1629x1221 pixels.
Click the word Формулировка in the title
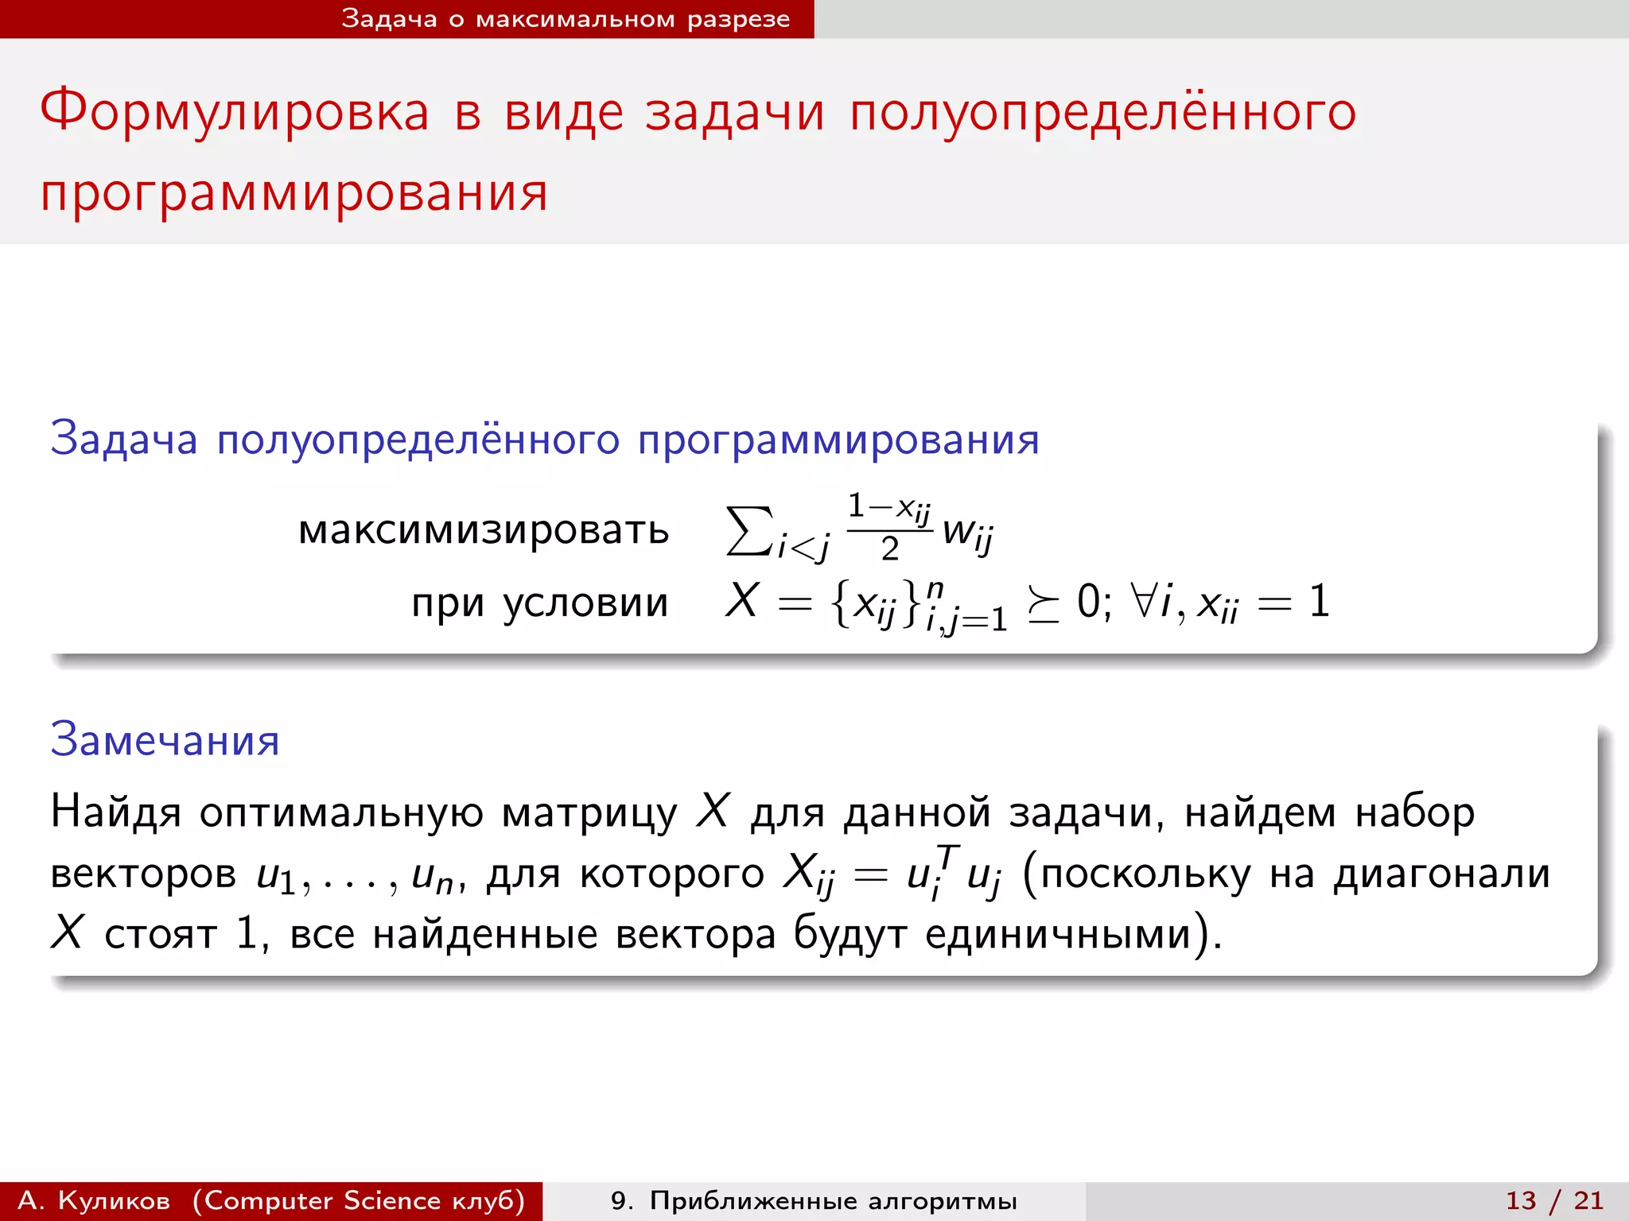coord(235,111)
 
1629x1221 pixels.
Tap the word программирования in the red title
coord(294,193)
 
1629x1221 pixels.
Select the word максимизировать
coord(484,530)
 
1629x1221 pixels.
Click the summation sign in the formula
coord(748,531)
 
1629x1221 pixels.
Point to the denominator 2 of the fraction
coord(889,549)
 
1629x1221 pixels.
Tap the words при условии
coord(539,603)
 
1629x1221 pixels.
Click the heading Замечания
coord(165,739)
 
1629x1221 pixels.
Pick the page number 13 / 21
coord(1554,1200)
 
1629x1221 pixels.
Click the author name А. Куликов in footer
coord(94,1200)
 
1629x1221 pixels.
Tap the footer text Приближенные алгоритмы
coord(833,1200)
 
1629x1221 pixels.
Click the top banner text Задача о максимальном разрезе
coord(566,18)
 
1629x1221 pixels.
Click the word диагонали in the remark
coord(1441,874)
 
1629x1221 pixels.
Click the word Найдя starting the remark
coord(116,812)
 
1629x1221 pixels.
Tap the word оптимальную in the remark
coord(340,812)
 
